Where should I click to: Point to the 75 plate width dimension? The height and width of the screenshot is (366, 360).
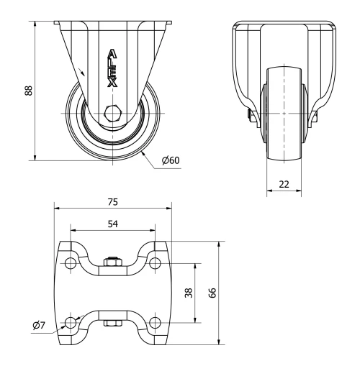112,201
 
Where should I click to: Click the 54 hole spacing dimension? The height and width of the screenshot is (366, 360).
112,224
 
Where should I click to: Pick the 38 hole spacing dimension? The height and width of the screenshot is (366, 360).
189,293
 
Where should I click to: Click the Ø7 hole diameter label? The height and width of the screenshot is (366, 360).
39,326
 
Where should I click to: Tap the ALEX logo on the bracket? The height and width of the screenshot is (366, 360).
112,68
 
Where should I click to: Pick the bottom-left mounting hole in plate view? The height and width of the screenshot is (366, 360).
70,321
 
